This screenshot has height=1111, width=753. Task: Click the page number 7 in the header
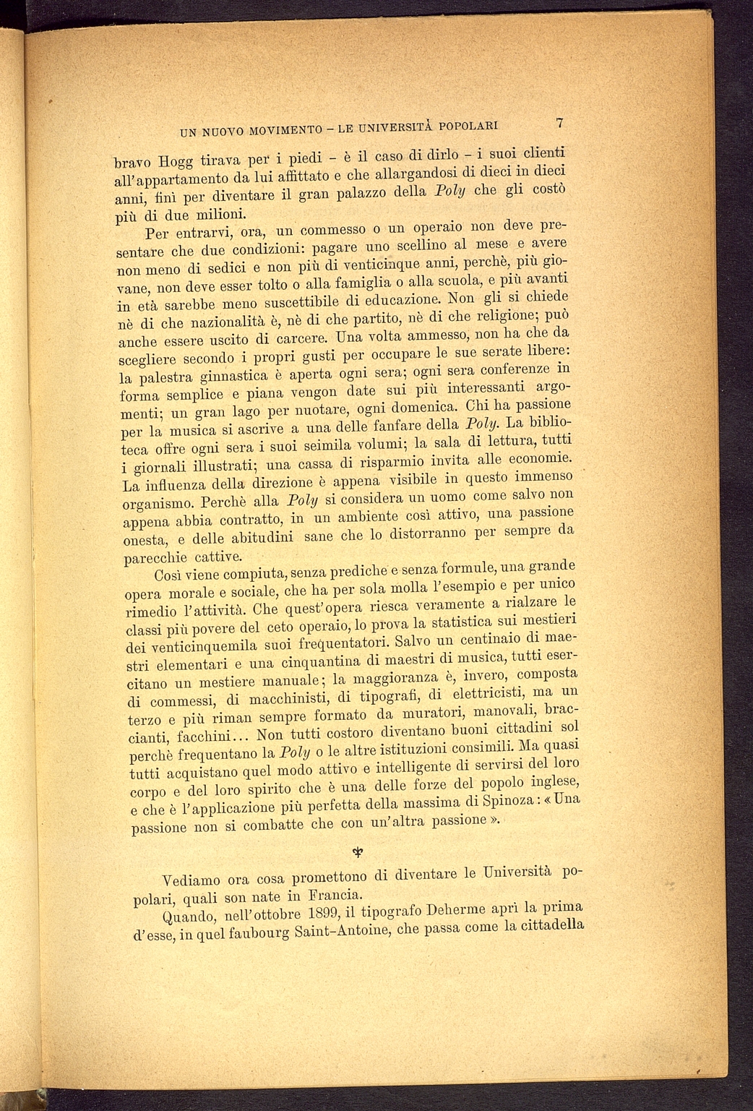[560, 123]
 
